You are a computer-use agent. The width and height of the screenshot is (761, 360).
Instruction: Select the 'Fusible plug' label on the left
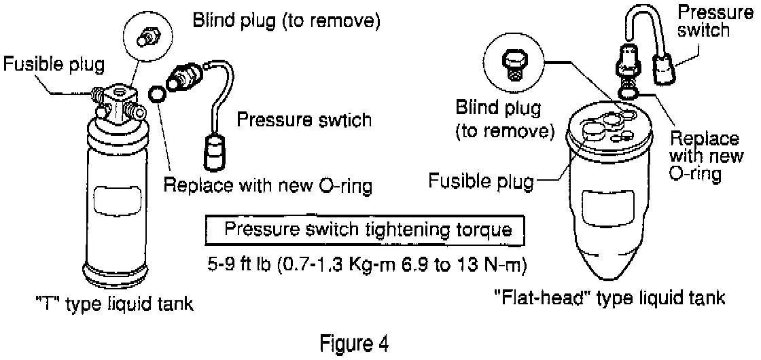coord(54,65)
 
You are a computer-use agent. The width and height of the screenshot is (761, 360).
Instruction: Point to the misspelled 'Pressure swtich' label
coord(304,120)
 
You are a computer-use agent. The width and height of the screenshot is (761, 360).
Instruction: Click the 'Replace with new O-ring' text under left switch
coord(268,185)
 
